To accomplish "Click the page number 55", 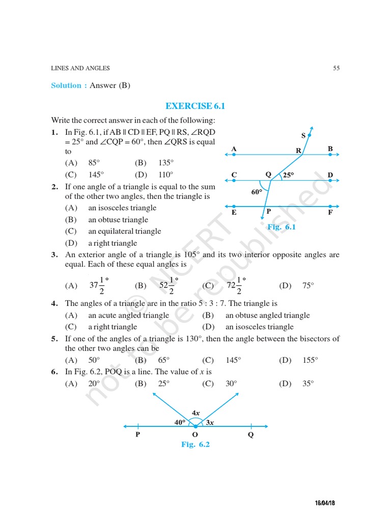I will tap(336, 68).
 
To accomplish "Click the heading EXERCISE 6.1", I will tap(195, 106).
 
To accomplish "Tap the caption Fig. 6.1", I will tap(282, 227).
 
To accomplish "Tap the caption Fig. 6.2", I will tap(195, 444).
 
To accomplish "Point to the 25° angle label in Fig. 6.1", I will tap(289, 175).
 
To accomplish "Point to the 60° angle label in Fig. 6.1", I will tap(257, 192).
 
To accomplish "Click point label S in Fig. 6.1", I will tap(303, 135).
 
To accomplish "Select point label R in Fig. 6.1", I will tap(299, 151).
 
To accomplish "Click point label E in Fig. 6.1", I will tap(234, 212).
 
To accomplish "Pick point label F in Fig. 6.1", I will tap(330, 212).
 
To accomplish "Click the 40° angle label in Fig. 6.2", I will tap(180, 422).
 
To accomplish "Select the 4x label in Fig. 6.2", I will tap(195, 412).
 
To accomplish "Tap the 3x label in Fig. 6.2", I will tap(210, 422).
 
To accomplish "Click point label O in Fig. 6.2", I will tap(195, 435).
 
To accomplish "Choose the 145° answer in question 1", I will tap(94, 174).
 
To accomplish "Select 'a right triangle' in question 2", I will tap(113, 243).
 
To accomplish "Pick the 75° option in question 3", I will tap(308, 285).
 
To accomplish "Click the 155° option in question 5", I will tap(310, 360).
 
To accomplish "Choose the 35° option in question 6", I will tap(308, 384).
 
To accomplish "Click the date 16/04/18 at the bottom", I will tap(328, 503).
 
